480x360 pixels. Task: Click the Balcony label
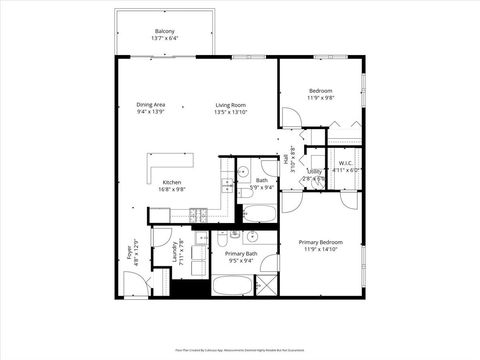[164, 31]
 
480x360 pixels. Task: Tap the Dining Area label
[151, 105]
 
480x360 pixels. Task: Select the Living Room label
[230, 105]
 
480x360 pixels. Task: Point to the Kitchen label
[172, 182]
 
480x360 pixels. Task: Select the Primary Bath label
[241, 254]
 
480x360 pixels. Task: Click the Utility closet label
[314, 172]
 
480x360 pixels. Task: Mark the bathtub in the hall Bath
[259, 212]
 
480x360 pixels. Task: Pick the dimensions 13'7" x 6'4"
[164, 38]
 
